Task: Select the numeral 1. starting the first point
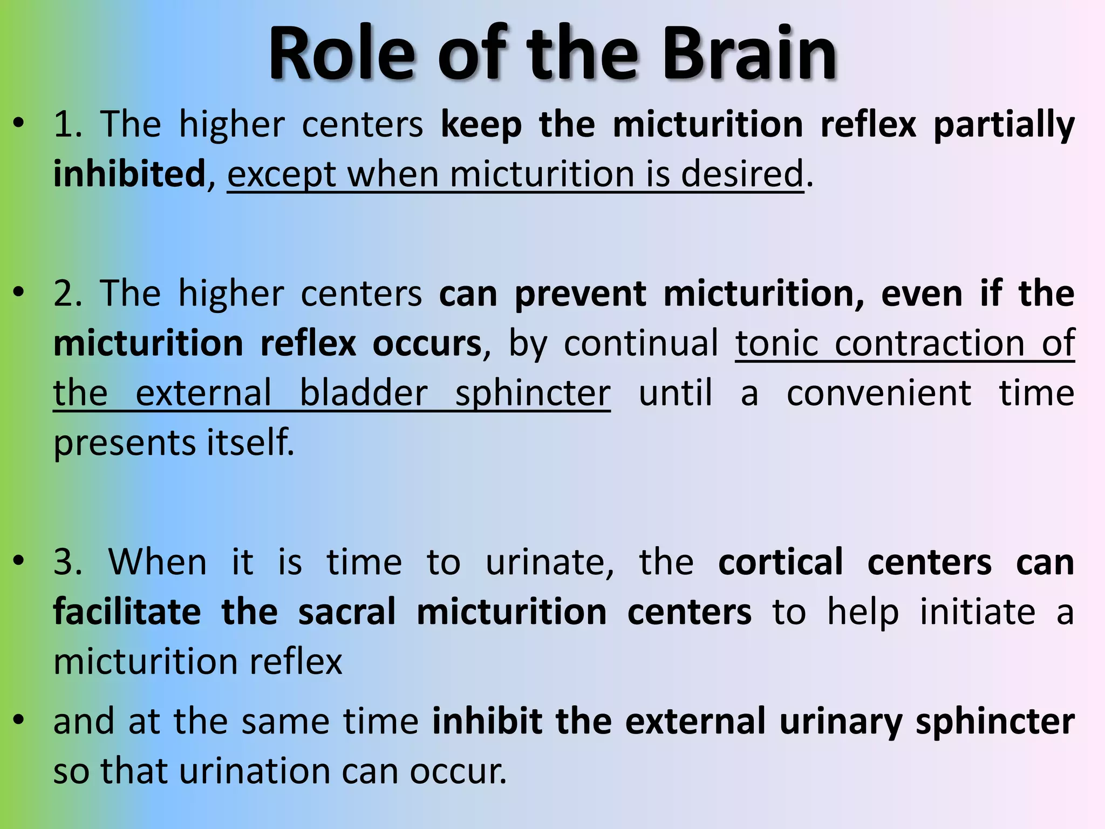[x=68, y=124]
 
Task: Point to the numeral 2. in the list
[x=68, y=294]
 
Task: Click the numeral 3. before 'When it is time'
[x=68, y=562]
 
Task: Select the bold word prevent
[x=581, y=295]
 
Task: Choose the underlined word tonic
[x=777, y=343]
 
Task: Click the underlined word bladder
[x=364, y=393]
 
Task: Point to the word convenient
[x=879, y=393]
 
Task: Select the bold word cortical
[x=780, y=562]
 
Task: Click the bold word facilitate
[x=127, y=611]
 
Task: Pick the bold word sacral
[x=347, y=611]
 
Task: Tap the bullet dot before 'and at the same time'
[x=19, y=720]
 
